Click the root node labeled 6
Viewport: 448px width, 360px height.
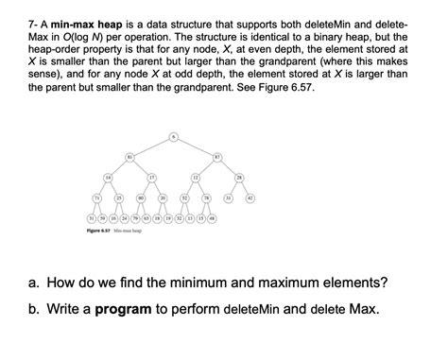pos(173,136)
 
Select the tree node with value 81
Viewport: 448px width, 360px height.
pos(129,156)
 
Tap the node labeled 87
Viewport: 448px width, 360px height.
pos(216,156)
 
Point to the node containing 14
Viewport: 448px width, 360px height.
pos(108,177)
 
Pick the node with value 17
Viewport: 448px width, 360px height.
pos(151,177)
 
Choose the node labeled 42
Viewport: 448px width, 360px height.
pos(250,197)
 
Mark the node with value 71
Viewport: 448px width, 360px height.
pos(96,197)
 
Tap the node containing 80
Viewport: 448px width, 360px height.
pos(141,197)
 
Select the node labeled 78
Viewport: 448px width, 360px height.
pos(206,197)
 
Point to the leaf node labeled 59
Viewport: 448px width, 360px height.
pos(102,218)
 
